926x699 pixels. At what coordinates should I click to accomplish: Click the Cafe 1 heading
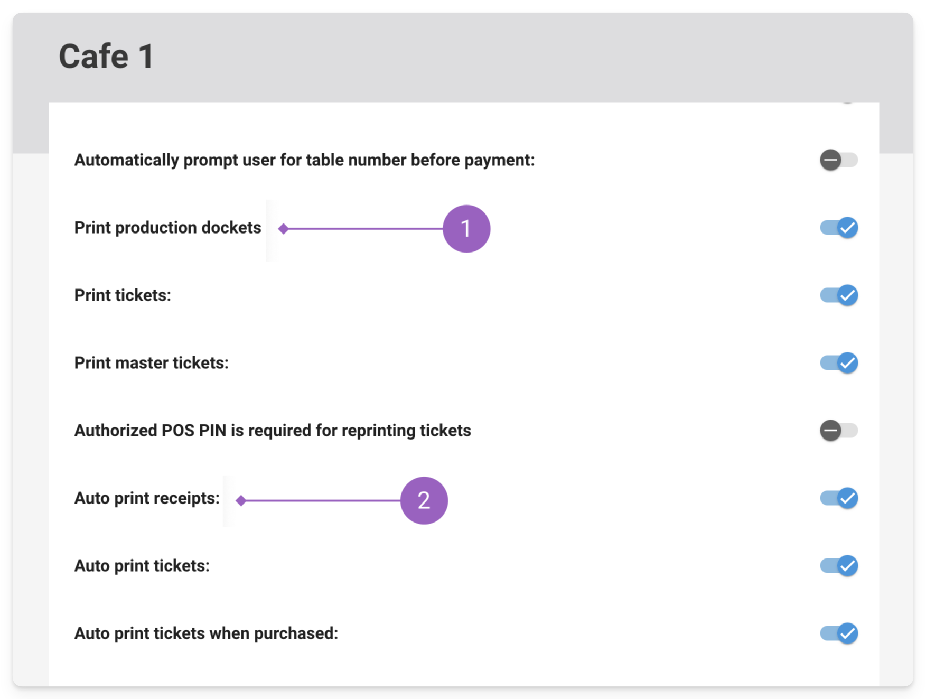click(106, 56)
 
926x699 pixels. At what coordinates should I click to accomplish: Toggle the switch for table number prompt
click(838, 160)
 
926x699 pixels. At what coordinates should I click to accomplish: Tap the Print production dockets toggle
click(838, 228)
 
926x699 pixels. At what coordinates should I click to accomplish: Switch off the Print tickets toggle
click(838, 295)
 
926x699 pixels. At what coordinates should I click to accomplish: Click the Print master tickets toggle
click(838, 363)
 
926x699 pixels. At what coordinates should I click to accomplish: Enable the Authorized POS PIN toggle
click(838, 431)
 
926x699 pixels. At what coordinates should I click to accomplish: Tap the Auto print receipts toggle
click(838, 498)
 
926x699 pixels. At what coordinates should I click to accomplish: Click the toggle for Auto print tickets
click(838, 566)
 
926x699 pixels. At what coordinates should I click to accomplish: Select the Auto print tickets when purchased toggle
click(838, 633)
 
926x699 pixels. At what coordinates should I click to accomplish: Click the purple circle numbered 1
click(466, 229)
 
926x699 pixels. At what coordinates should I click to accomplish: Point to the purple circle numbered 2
click(424, 500)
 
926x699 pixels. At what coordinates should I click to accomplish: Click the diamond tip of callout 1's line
click(284, 229)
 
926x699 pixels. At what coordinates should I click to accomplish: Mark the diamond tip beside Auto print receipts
click(241, 500)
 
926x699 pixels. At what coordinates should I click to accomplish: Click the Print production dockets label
click(168, 228)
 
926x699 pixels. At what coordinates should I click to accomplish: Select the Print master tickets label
click(152, 363)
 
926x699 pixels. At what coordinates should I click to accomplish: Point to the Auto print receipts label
click(147, 498)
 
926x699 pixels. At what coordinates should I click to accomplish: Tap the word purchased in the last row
click(296, 633)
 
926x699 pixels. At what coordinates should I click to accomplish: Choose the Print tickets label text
click(123, 295)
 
